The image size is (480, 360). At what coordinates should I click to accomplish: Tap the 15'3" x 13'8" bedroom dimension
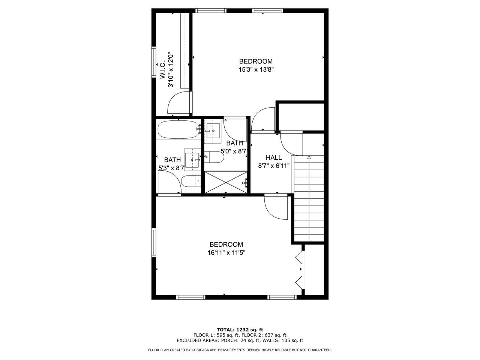(256, 70)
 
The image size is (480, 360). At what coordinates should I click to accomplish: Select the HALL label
(274, 157)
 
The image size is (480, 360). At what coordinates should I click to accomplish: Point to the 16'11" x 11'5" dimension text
(226, 253)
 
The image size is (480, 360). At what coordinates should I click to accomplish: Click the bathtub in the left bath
(178, 129)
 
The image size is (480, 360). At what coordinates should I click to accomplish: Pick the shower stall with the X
(226, 182)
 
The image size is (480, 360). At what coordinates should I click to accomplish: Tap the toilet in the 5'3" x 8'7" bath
(191, 181)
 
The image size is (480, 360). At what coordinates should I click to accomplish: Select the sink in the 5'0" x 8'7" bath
(213, 130)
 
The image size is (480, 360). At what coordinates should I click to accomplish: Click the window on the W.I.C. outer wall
(153, 62)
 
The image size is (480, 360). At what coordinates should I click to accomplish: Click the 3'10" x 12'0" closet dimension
(171, 70)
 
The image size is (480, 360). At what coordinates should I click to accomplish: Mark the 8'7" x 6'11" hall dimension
(274, 166)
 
